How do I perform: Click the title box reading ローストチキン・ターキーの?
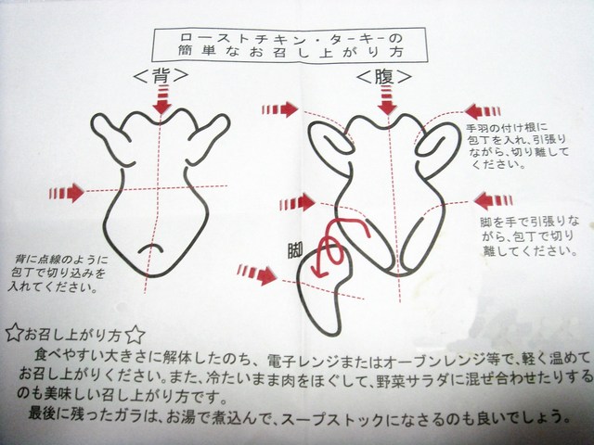(290, 45)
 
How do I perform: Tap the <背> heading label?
(161, 76)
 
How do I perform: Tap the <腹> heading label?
(384, 77)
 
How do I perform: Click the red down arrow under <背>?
(162, 99)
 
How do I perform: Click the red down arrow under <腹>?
(387, 100)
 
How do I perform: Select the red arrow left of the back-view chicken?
(67, 193)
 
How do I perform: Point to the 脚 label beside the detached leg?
(295, 250)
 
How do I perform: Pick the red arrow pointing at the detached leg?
(257, 274)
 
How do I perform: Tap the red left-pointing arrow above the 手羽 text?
(483, 111)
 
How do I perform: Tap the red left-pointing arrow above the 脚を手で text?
(493, 200)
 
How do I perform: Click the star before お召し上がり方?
(14, 333)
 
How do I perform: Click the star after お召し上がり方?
(135, 335)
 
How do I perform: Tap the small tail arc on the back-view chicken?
(150, 248)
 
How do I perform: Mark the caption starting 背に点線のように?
(58, 273)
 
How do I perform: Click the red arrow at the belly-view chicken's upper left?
(279, 109)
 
